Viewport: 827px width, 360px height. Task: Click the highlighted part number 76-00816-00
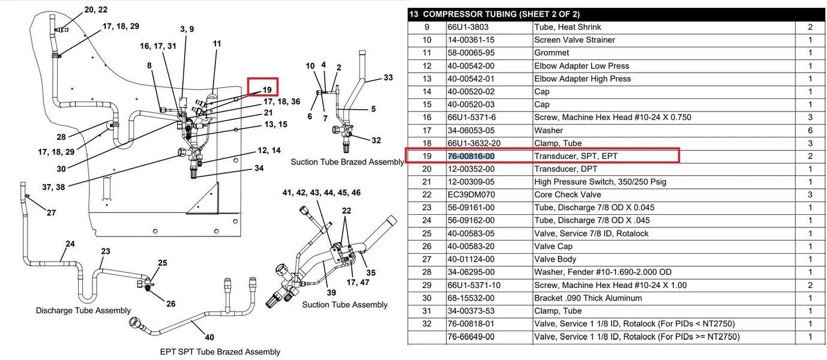coord(471,156)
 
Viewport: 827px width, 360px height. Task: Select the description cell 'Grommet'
coord(552,53)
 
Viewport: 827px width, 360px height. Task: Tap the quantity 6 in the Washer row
coord(810,130)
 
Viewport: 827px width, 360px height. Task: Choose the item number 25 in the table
coord(427,233)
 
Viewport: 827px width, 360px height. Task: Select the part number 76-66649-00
coord(471,337)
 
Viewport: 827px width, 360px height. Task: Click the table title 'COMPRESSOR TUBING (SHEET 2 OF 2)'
coord(501,14)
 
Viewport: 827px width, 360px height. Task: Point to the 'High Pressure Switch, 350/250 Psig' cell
coord(600,182)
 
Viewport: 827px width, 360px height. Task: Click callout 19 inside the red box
coord(267,90)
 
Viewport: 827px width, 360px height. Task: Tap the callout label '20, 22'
coord(96,10)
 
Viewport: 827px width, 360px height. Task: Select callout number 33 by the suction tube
coord(388,77)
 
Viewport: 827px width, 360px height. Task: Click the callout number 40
coord(209,337)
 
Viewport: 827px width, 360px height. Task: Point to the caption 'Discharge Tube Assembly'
coord(83,311)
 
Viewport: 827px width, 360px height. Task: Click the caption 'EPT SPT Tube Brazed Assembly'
coord(220,352)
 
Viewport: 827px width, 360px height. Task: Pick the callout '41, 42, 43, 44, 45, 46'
coord(322,193)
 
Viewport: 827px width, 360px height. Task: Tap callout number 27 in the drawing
coord(52,212)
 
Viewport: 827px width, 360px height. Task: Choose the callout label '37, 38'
coord(53,187)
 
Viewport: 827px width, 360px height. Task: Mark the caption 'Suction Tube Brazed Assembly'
coord(347,162)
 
